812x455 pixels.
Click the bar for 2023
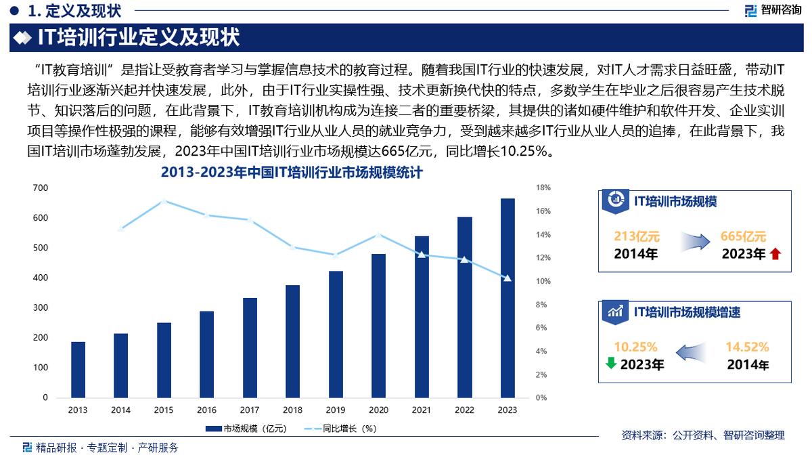[507, 297]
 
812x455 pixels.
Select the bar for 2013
[78, 369]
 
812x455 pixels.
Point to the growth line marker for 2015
[164, 201]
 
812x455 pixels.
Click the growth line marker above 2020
[378, 235]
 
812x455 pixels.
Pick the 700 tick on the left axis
[41, 188]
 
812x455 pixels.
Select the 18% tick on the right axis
[544, 188]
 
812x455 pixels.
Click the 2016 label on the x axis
[207, 410]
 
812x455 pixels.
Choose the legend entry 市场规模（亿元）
[246, 429]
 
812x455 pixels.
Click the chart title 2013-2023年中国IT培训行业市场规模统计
[292, 173]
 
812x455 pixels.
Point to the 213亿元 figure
[636, 236]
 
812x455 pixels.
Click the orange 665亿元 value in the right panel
[743, 236]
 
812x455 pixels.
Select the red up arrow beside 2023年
[775, 255]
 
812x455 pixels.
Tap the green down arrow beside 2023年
[611, 364]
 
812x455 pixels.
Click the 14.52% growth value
[747, 347]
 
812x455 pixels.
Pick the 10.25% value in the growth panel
[636, 347]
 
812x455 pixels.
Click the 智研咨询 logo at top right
[773, 10]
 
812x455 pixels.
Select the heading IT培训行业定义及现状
[138, 37]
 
